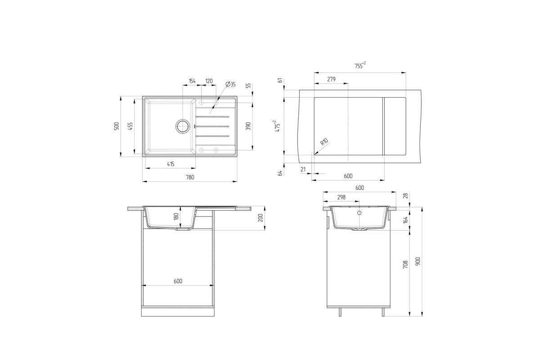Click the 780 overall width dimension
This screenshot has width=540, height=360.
click(x=190, y=177)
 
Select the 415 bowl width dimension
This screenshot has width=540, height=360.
click(x=171, y=164)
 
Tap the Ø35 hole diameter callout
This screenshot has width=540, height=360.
click(x=230, y=84)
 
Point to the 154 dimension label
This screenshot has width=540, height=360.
click(x=192, y=81)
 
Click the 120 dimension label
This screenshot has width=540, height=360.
click(x=209, y=81)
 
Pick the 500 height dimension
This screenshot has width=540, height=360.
click(x=117, y=126)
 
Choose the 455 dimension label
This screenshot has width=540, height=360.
click(x=130, y=126)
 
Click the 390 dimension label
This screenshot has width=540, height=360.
click(x=248, y=126)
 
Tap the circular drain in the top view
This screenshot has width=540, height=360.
click(x=183, y=126)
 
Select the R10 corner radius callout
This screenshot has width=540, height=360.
click(x=324, y=142)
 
